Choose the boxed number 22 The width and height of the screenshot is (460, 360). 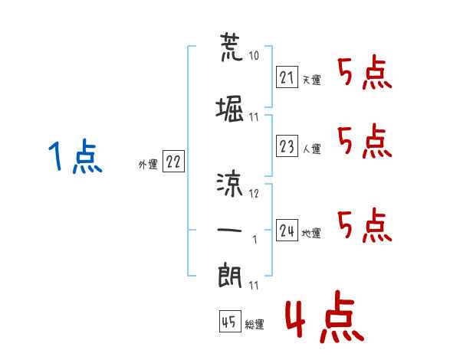tap(173, 162)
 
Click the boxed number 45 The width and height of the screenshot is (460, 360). tap(229, 322)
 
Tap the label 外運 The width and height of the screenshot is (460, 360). tap(148, 164)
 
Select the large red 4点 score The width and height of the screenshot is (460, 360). tap(322, 319)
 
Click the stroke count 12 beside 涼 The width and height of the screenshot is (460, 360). tap(255, 194)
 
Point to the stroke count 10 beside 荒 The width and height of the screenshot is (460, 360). tap(255, 56)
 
